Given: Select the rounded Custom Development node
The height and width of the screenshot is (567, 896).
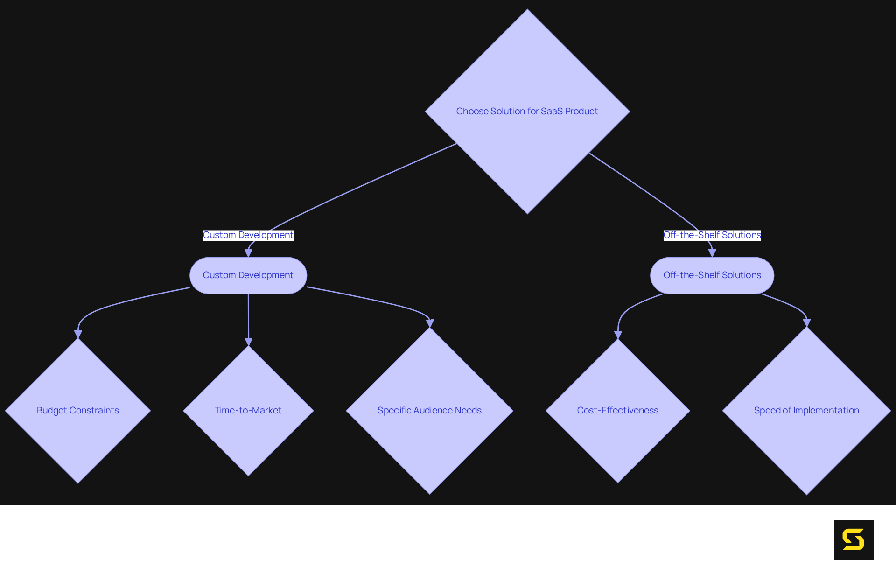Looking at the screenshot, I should coord(248,275).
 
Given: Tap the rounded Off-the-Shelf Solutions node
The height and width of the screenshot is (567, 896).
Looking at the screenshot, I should coord(712,275).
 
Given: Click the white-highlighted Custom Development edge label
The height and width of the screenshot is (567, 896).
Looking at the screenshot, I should coord(248,235).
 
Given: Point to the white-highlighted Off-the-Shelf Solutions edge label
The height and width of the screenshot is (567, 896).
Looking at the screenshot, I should coord(712,235).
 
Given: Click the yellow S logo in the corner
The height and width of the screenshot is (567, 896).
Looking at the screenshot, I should coord(854,540).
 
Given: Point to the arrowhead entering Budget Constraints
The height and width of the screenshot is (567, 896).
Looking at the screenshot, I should coord(78,334).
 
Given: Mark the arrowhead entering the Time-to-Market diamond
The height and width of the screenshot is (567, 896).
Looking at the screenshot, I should coord(248,342).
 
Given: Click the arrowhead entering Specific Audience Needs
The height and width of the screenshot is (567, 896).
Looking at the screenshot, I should coord(430,323).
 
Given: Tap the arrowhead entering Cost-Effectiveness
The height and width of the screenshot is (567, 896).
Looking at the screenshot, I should coord(618,335).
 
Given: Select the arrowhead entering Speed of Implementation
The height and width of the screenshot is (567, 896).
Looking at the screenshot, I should coord(806,322).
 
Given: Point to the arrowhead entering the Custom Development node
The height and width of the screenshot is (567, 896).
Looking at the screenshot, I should coord(248,253).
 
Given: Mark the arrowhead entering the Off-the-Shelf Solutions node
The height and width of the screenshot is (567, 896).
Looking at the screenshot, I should coord(712,253).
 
